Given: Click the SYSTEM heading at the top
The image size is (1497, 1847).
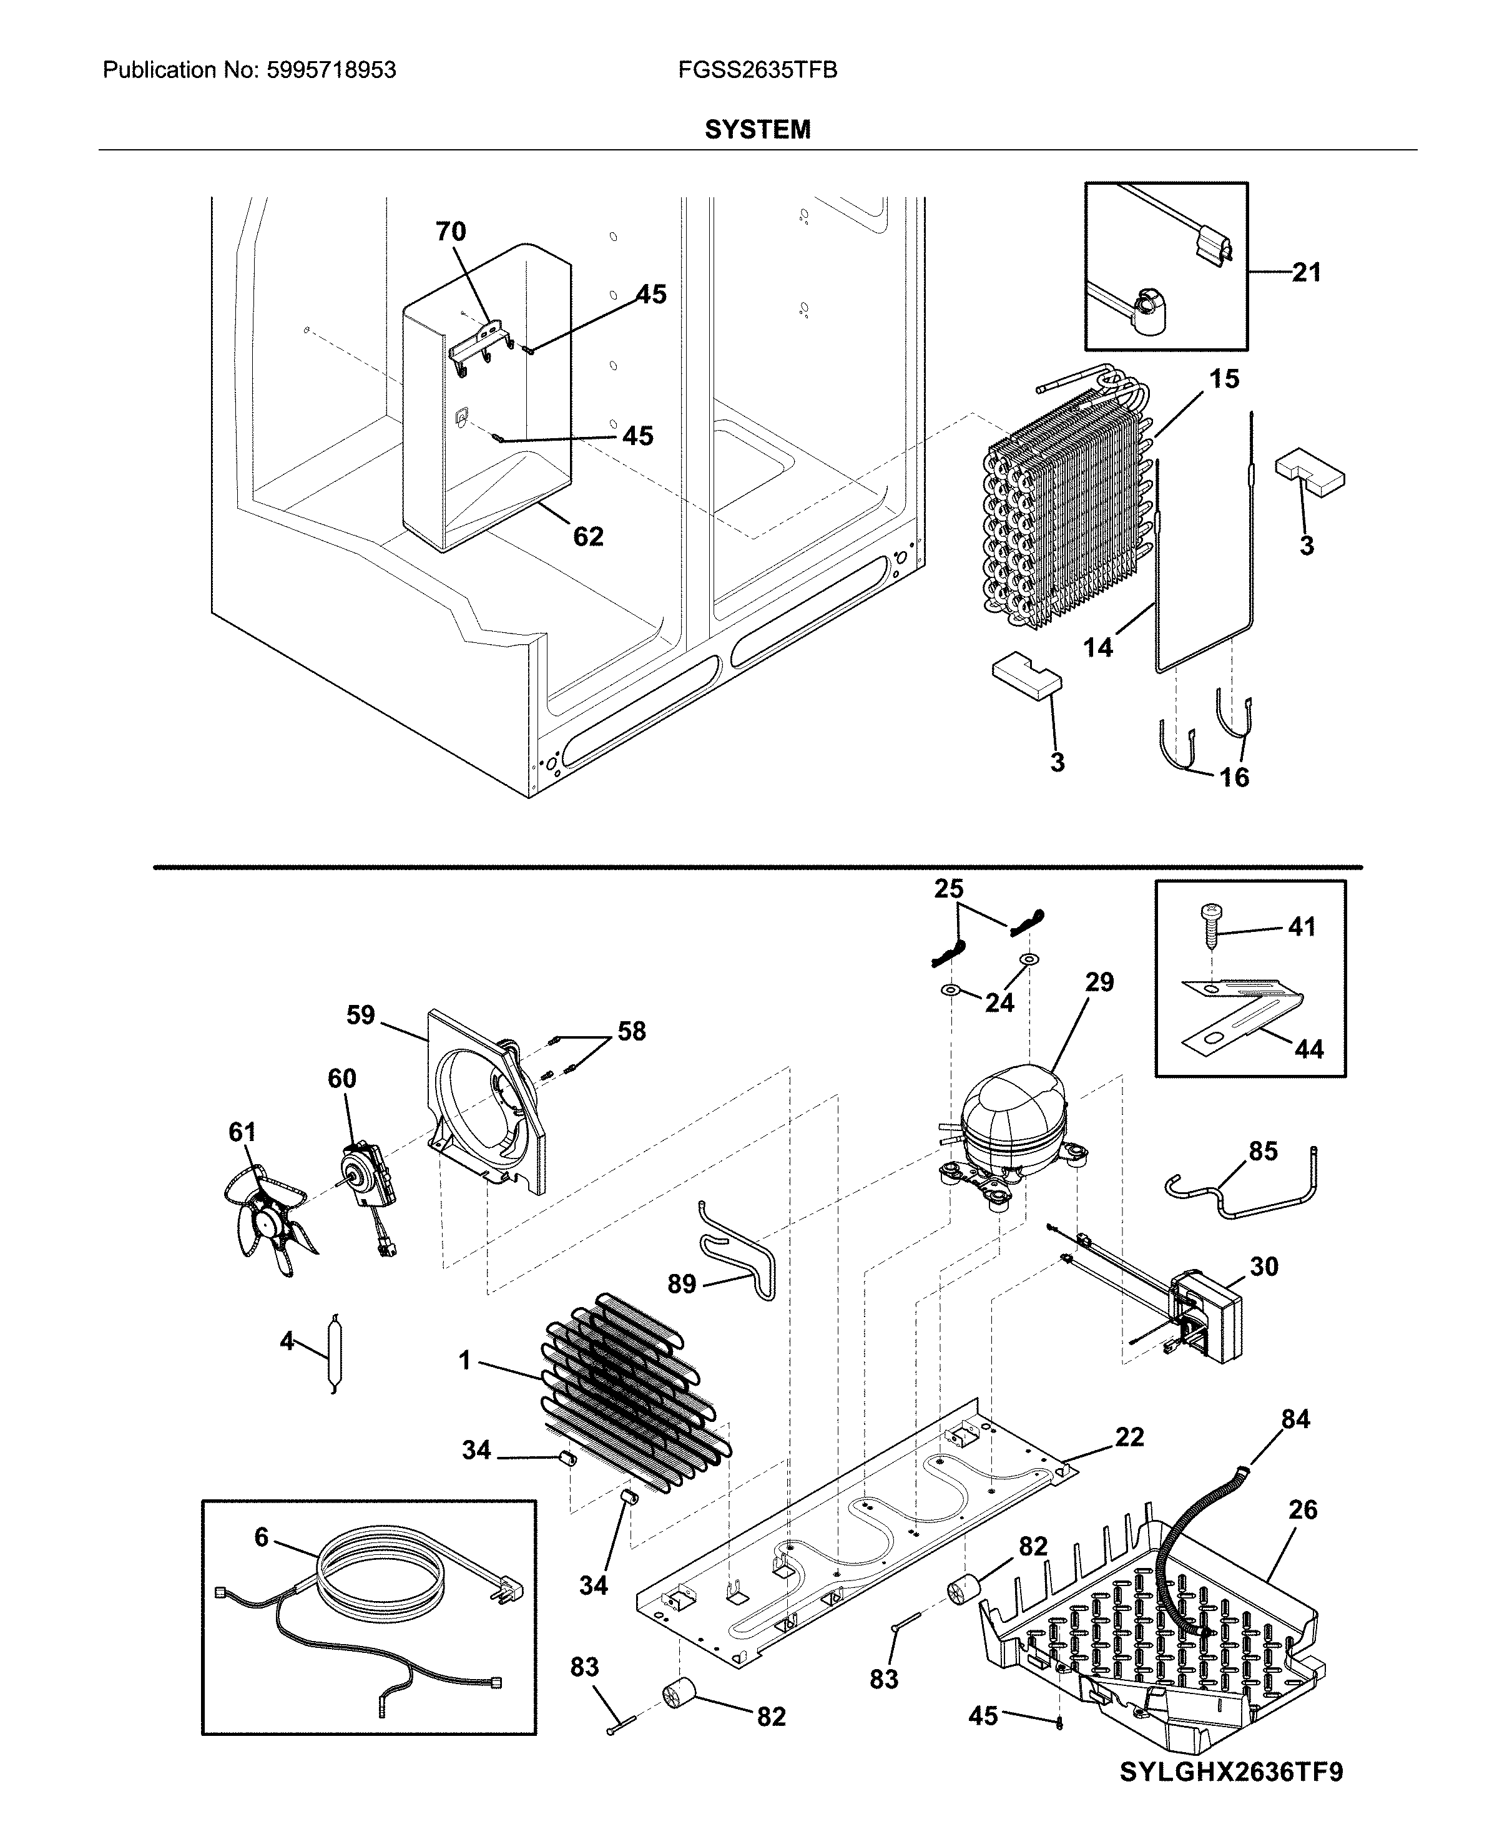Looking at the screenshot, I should pyautogui.click(x=757, y=130).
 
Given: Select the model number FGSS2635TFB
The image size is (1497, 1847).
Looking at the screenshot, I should pyautogui.click(x=757, y=71).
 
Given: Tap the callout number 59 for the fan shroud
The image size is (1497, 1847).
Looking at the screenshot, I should pyautogui.click(x=360, y=1015).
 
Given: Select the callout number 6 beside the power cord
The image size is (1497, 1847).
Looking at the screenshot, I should pyautogui.click(x=262, y=1537).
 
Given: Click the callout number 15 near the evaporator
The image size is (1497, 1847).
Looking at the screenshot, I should pyautogui.click(x=1224, y=380).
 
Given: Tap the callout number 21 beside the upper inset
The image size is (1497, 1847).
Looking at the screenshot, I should pyautogui.click(x=1307, y=273).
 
